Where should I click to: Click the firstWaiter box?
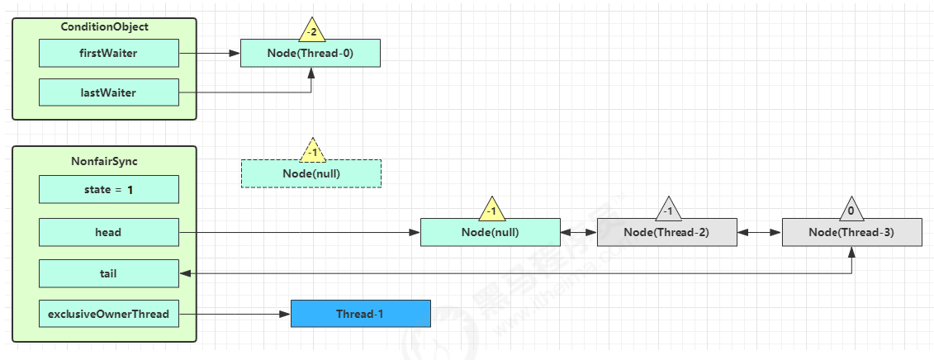tap(109, 53)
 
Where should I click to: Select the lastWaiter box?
tap(109, 92)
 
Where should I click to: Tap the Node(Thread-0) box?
tap(311, 53)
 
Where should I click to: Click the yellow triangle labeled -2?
tap(311, 30)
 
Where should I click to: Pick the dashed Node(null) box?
tap(311, 173)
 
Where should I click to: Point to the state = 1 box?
tap(109, 190)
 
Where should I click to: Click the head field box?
tap(109, 233)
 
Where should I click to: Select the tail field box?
tap(109, 273)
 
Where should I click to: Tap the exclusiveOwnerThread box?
tap(109, 314)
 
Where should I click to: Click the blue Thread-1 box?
tap(360, 314)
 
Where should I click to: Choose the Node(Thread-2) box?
tap(667, 233)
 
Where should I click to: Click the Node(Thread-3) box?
tap(851, 233)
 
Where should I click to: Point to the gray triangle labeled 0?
tap(851, 209)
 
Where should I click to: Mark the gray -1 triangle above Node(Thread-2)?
tap(668, 209)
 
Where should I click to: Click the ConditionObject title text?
tap(105, 26)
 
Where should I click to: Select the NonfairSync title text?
tap(105, 162)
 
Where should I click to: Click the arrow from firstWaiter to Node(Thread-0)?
tap(210, 53)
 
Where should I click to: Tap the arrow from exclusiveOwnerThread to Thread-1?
tap(235, 314)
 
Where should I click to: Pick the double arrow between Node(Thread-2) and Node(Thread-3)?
tap(759, 233)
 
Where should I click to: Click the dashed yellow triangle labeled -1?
tap(311, 150)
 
